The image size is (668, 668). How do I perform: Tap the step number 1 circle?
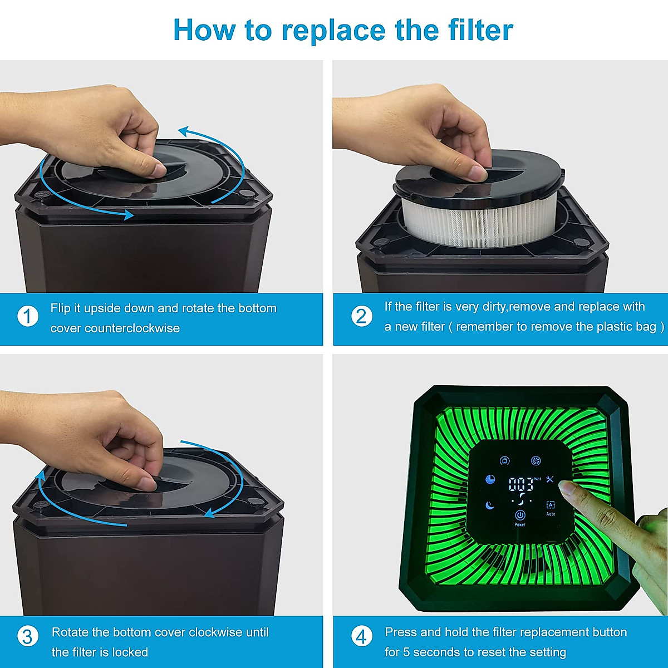coord(28,316)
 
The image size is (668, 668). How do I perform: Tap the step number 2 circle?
coord(362,316)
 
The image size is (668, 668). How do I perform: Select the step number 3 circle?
coord(28,636)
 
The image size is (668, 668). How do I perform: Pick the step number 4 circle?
coord(362,636)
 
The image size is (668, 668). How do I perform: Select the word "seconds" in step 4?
coord(438,652)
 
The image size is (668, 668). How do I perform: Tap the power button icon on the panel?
coord(520,515)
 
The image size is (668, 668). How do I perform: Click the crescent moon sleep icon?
coord(489,505)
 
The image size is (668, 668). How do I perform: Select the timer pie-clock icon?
coord(490,479)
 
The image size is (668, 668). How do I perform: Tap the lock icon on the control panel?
coord(505,460)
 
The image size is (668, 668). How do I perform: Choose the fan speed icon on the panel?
coord(536,460)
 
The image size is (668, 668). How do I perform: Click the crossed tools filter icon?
coord(550,479)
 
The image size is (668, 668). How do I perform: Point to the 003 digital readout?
coord(520,484)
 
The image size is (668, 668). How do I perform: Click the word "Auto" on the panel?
coord(551,514)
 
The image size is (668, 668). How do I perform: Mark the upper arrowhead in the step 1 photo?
coord(184,131)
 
